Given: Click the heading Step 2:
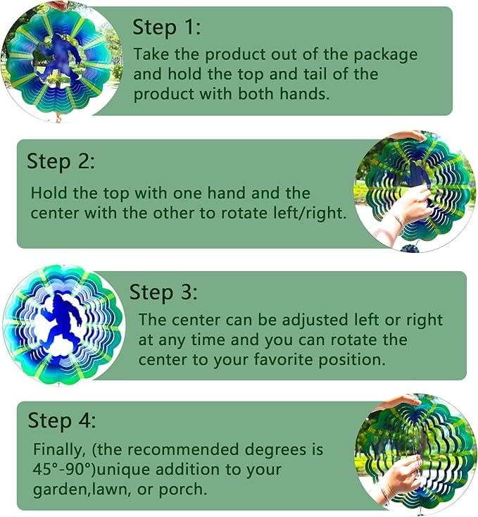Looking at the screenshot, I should pyautogui.click(x=61, y=161).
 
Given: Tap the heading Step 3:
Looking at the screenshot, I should pyautogui.click(x=164, y=292).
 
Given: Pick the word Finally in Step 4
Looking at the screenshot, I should pyautogui.click(x=58, y=449).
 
